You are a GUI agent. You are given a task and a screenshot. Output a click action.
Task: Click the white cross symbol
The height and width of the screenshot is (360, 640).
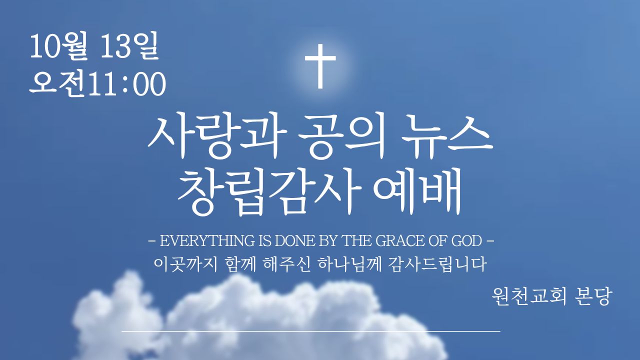(320, 66)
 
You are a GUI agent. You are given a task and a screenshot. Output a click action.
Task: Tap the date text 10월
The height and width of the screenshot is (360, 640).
(58, 46)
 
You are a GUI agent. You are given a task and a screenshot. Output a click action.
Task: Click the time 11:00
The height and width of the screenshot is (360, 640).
(127, 84)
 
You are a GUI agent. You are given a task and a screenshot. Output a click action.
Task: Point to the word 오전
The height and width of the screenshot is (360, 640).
(58, 84)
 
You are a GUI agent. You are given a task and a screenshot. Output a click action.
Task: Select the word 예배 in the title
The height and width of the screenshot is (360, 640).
(417, 191)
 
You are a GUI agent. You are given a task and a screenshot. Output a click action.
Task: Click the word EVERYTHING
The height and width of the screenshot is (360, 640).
(207, 241)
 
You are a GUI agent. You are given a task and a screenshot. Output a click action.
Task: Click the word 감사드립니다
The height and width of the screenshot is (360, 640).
(437, 264)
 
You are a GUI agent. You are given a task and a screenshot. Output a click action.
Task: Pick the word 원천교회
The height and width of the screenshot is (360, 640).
(528, 297)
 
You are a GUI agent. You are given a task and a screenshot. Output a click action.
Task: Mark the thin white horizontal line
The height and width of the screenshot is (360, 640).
(311, 331)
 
